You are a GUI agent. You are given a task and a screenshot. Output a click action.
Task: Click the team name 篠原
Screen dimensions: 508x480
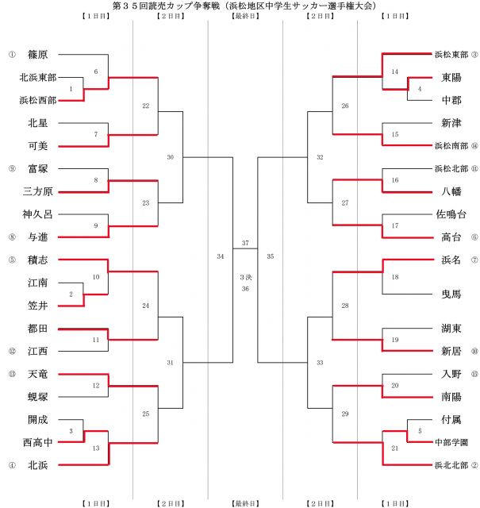(x=36, y=55)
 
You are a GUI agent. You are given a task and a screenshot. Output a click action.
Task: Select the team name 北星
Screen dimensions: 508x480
(x=36, y=123)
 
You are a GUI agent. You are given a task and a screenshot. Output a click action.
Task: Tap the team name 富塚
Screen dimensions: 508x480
(x=36, y=168)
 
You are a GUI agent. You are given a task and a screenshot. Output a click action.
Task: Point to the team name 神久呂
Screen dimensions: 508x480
(x=36, y=214)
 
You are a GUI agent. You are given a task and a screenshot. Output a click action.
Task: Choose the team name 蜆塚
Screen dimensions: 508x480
(x=36, y=395)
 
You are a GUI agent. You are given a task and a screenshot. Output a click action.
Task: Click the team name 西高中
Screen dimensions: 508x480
(x=36, y=441)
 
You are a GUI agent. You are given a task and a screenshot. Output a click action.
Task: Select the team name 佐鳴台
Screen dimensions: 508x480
(x=451, y=214)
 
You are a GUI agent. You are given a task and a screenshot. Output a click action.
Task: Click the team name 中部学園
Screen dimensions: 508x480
(x=451, y=441)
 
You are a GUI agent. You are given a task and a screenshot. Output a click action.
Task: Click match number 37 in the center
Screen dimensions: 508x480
(x=246, y=243)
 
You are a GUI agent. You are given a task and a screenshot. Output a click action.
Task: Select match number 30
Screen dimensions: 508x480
(x=171, y=157)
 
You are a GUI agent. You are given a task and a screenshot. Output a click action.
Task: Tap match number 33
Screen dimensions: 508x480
(x=320, y=362)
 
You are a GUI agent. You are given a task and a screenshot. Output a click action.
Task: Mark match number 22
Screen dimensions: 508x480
(x=145, y=106)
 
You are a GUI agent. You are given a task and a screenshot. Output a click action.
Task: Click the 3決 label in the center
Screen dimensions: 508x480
(x=246, y=277)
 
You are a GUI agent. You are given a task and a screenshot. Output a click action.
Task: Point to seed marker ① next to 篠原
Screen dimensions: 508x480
(x=12, y=55)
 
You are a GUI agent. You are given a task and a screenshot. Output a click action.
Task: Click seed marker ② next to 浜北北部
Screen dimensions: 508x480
(x=474, y=464)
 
